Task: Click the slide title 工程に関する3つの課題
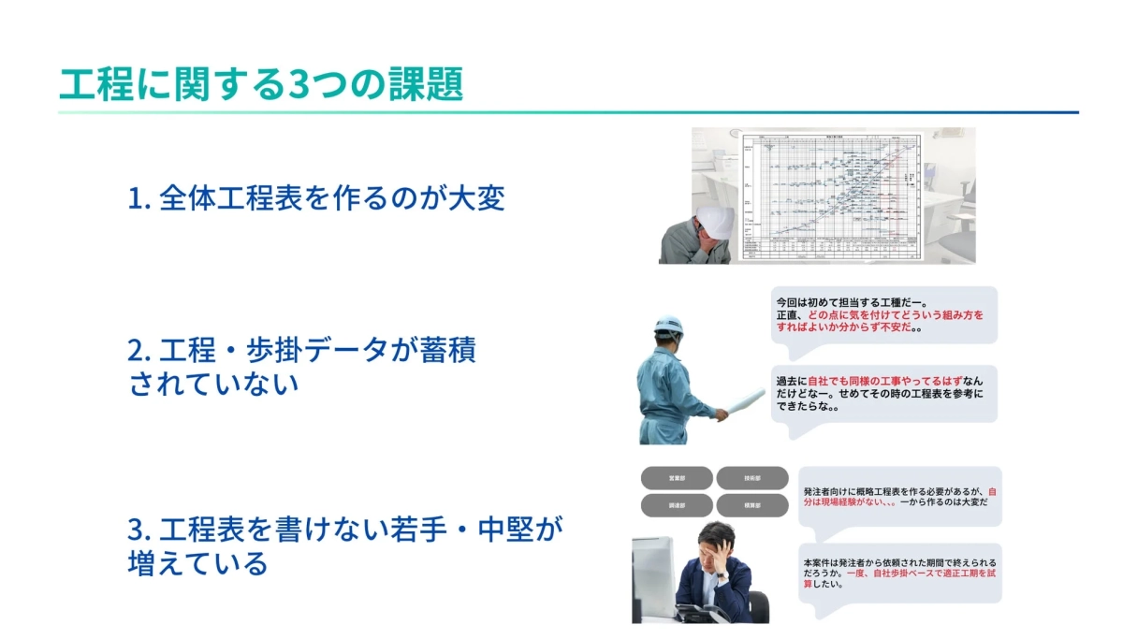[261, 85]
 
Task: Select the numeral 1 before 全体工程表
[134, 198]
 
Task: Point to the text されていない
[213, 384]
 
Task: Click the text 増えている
[197, 563]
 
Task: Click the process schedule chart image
[833, 194]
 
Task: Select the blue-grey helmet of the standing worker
[668, 327]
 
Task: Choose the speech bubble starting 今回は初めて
[884, 315]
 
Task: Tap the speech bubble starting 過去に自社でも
[884, 394]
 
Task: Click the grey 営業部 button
[676, 478]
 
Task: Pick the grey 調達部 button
[676, 505]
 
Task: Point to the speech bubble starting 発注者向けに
[899, 496]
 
